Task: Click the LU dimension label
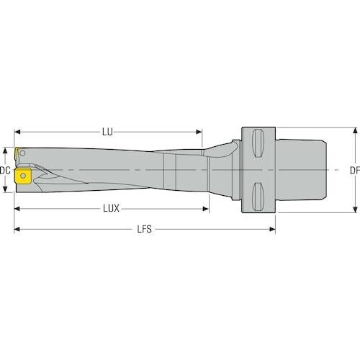[107, 132]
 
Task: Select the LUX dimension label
[111, 209]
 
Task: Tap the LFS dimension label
[145, 229]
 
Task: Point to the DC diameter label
[5, 171]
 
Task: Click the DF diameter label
[355, 171]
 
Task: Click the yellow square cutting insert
[23, 176]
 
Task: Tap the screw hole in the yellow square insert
[23, 176]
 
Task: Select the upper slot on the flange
[258, 143]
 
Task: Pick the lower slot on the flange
[258, 197]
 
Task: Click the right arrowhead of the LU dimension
[199, 132]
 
